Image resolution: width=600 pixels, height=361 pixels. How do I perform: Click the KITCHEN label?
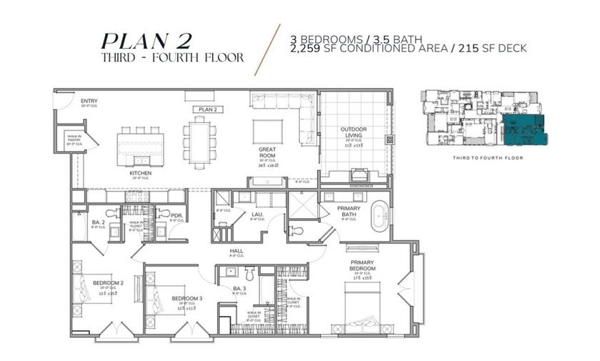click(139, 173)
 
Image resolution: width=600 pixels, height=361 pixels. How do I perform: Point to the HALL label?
click(236, 250)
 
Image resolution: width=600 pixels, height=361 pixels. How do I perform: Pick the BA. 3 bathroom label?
click(239, 289)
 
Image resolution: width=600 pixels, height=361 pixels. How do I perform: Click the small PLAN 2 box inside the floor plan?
click(207, 109)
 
